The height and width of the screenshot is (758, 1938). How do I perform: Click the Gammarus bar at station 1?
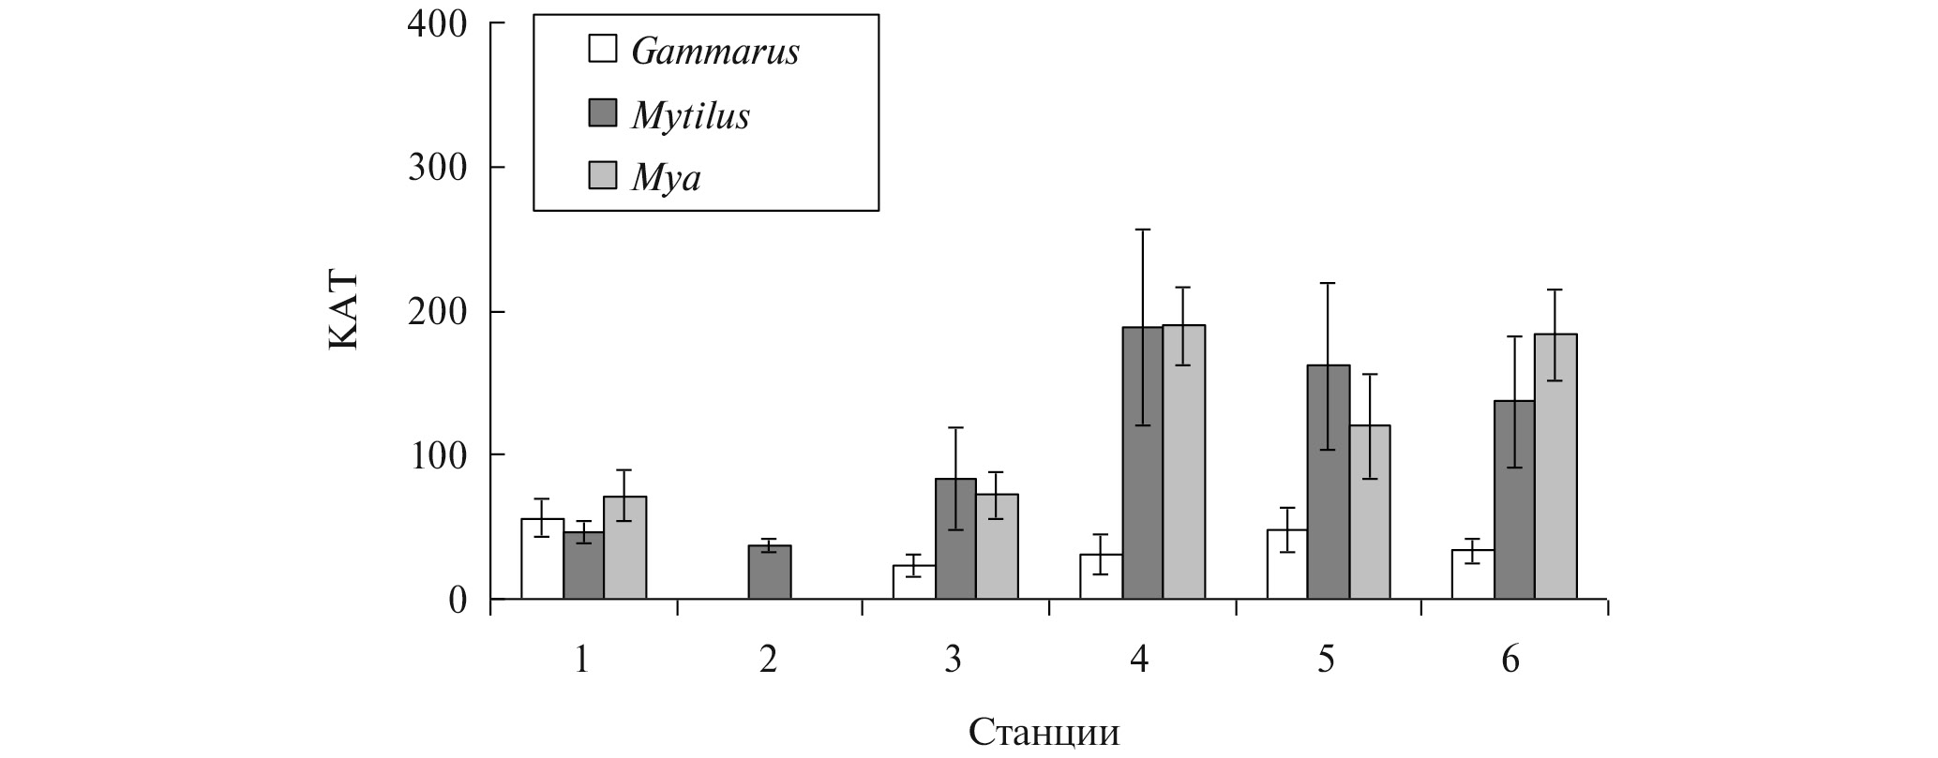542,559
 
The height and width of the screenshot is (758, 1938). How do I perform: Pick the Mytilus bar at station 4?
1142,463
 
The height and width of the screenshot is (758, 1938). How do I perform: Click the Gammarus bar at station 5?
1287,564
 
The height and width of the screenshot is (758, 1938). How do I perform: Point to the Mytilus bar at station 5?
1329,482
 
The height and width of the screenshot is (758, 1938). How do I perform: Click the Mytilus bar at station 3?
955,539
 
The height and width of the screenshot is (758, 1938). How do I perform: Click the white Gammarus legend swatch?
602,49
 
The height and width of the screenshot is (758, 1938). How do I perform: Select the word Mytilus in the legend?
691,114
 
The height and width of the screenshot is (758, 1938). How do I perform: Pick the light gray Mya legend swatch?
602,175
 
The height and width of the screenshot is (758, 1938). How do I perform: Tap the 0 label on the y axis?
457,600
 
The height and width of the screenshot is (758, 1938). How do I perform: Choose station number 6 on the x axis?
1510,661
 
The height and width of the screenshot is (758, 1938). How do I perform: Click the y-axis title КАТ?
343,311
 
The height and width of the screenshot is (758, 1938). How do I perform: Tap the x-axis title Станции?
1044,732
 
